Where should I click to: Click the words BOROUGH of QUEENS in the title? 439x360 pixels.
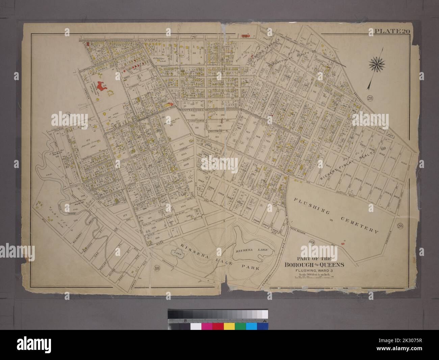314,265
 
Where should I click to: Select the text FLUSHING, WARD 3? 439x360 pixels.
313,270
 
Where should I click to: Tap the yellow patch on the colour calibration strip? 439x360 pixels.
229,326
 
